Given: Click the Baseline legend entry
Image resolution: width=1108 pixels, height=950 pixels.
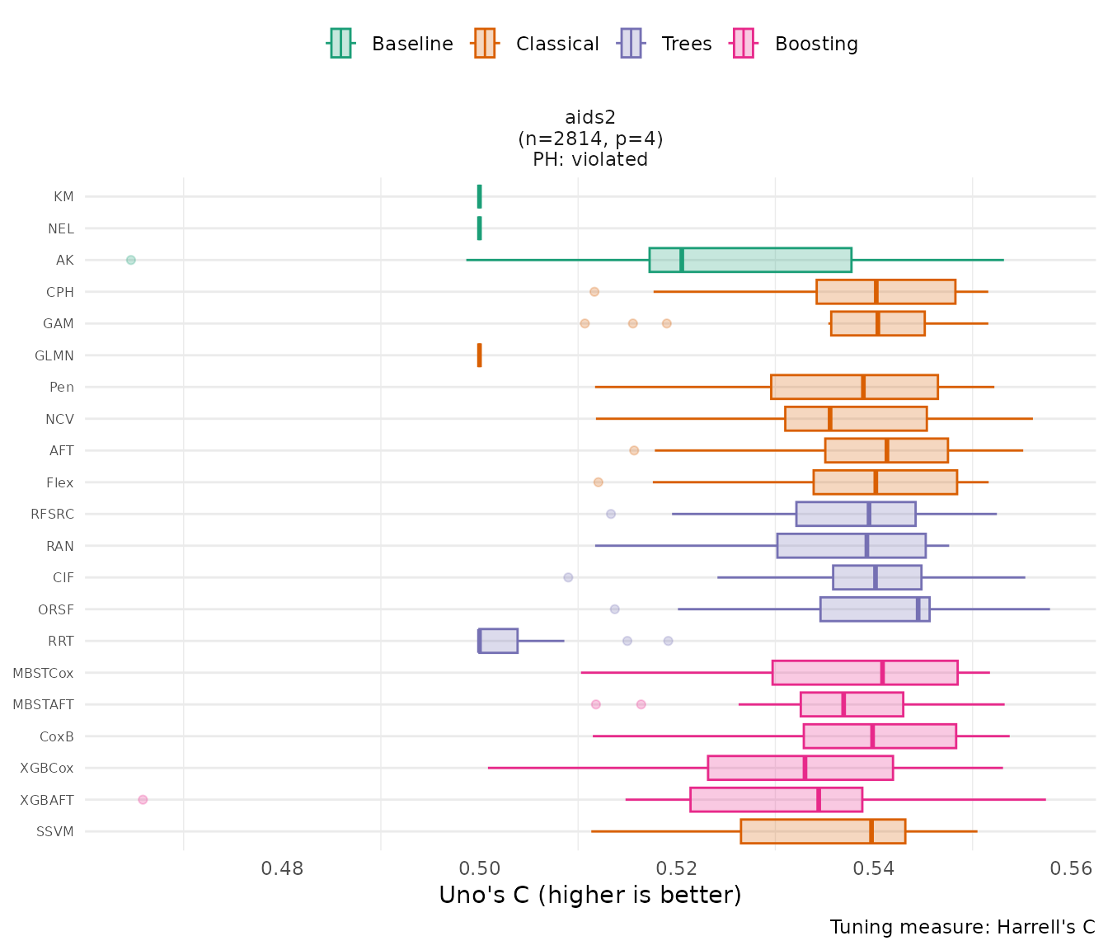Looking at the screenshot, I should (x=391, y=44).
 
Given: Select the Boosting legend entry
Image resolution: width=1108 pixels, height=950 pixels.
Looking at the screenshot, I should (x=796, y=44).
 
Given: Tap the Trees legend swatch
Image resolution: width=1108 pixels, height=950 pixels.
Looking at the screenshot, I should (x=631, y=43).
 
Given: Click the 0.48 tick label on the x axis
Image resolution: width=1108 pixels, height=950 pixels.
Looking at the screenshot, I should (x=282, y=868).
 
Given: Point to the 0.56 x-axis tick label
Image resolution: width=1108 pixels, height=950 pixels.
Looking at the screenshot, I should (x=1071, y=868).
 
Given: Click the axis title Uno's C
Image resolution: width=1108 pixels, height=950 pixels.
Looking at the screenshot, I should (x=590, y=896).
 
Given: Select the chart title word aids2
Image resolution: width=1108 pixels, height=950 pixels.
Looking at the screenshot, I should (x=590, y=118).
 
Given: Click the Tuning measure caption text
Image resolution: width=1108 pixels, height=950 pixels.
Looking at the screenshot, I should (x=962, y=927).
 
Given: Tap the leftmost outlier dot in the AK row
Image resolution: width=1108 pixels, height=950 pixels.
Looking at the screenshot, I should (x=130, y=260).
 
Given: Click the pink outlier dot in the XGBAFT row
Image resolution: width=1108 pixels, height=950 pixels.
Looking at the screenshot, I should (x=143, y=800).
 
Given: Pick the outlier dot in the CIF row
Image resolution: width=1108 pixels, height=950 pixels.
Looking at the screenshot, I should (x=568, y=577).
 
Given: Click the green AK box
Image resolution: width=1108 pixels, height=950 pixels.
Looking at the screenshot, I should (x=750, y=260).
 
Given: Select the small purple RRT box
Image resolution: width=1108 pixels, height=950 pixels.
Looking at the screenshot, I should (x=498, y=641).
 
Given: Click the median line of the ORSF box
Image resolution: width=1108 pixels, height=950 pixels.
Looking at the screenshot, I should (x=918, y=609).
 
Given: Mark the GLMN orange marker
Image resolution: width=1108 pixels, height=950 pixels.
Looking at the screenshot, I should (x=479, y=355).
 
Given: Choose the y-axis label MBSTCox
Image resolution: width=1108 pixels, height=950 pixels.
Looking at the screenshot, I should (x=43, y=673).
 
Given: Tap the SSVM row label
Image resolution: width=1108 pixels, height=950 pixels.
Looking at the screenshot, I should (x=55, y=831).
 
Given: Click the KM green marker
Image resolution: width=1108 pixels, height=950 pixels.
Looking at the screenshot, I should (x=479, y=196).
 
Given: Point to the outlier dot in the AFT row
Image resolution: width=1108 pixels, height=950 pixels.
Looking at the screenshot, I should (x=634, y=450).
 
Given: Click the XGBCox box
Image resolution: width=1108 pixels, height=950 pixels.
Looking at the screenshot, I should (x=800, y=768).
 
